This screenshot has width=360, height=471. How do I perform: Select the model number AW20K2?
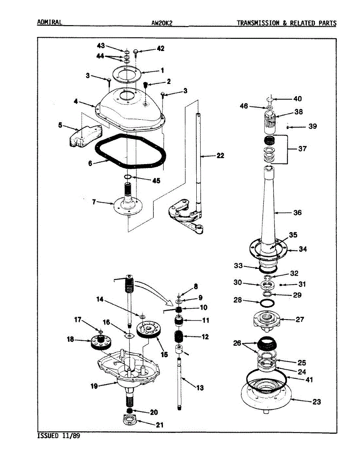click(x=162, y=23)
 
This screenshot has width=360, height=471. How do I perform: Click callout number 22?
click(x=220, y=156)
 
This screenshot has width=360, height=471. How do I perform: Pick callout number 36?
click(x=298, y=213)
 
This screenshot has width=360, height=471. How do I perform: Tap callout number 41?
click(x=310, y=380)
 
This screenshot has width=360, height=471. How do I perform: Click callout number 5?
click(x=60, y=126)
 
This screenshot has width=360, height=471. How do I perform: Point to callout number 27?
click(x=300, y=319)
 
